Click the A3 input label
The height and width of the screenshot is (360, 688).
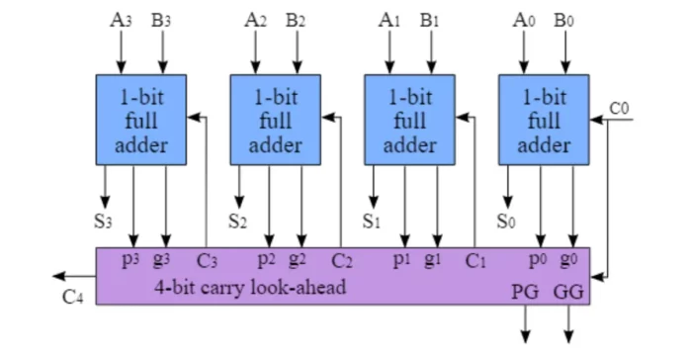click(x=122, y=19)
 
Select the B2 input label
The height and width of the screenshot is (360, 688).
click(x=296, y=19)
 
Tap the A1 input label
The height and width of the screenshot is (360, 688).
click(x=388, y=19)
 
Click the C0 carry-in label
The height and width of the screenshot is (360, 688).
click(x=620, y=107)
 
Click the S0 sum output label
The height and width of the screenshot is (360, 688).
click(x=506, y=221)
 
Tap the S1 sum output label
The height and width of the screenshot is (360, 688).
click(x=372, y=221)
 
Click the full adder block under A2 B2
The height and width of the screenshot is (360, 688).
click(x=276, y=122)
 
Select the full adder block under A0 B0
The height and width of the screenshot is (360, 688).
click(x=545, y=122)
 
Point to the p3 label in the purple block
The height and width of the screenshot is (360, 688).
click(x=132, y=260)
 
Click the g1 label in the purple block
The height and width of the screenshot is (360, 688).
click(x=432, y=260)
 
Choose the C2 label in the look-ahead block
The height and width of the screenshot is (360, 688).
click(x=342, y=261)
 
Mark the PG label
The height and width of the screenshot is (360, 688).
click(x=524, y=292)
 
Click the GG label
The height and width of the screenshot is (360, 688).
click(x=568, y=292)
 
